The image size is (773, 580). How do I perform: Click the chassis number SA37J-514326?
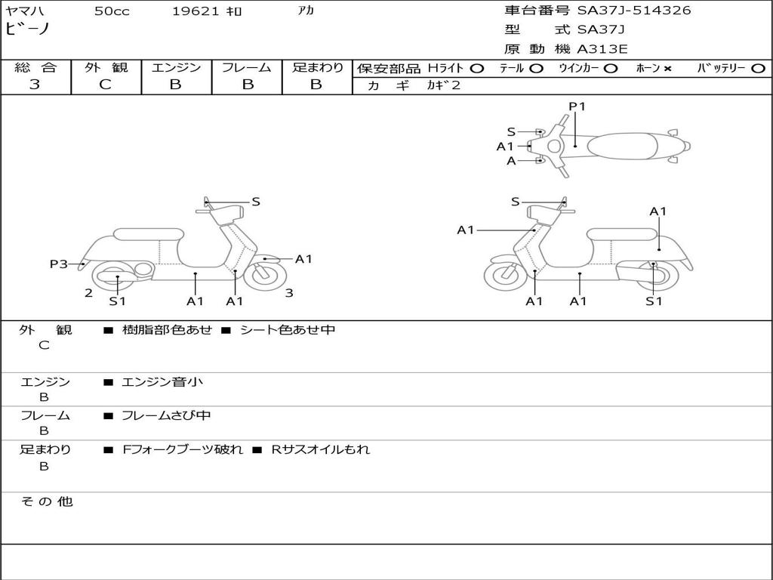tap(634, 11)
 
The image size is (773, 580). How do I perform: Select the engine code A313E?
tap(602, 50)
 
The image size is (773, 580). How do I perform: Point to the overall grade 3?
tap(35, 85)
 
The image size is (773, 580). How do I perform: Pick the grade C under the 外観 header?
tap(106, 85)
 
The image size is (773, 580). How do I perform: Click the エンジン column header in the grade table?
tap(176, 68)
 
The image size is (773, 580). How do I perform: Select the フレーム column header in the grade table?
tap(247, 68)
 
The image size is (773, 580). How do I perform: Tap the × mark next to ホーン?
tap(667, 69)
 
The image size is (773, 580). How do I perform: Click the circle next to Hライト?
tap(477, 69)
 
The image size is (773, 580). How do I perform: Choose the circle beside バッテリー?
tap(758, 69)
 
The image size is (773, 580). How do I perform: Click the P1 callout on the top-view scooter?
tap(577, 106)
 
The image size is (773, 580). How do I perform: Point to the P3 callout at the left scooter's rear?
tap(59, 264)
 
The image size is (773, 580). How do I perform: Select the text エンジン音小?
tap(162, 382)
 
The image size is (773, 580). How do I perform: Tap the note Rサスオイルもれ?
tap(321, 449)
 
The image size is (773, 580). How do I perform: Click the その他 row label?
tap(46, 501)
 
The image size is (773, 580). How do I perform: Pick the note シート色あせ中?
tap(288, 330)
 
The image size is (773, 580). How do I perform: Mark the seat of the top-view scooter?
tap(619, 145)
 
